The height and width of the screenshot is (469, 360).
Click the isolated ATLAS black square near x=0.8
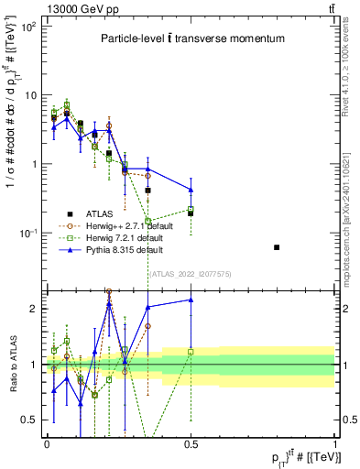(277, 247)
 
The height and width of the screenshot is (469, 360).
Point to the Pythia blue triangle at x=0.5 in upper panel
(191, 190)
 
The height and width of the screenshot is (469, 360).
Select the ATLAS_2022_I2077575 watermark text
(191, 274)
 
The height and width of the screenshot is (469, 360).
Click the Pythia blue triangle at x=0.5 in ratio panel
(191, 300)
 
